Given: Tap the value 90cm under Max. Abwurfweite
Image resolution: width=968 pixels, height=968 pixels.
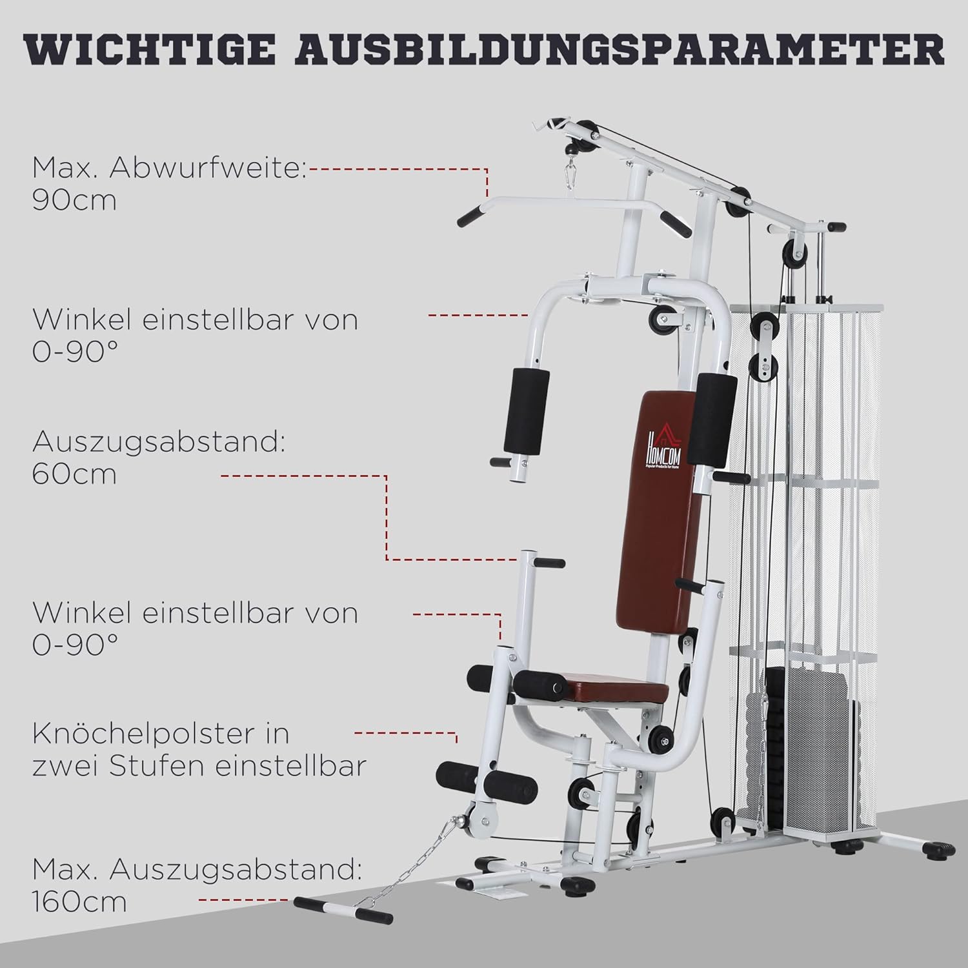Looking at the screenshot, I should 74,201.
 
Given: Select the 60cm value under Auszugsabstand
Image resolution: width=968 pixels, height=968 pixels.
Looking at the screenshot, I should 74,474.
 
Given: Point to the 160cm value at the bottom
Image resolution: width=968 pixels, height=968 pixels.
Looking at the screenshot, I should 80,902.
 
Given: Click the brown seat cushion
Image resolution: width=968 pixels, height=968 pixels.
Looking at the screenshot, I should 613,687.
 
